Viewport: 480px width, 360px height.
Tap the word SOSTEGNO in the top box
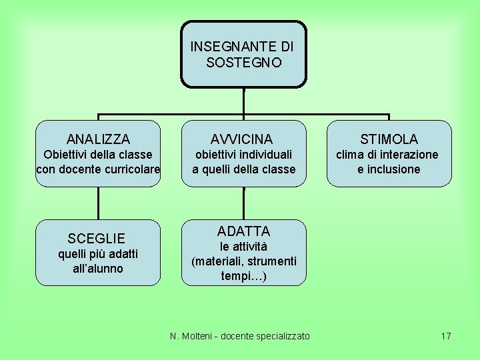(x=244, y=63)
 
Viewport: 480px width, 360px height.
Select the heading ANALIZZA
(x=98, y=139)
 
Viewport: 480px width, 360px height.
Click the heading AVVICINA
(x=241, y=139)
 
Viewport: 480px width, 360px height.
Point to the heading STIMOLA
(x=389, y=139)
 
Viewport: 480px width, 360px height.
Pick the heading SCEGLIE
(x=97, y=239)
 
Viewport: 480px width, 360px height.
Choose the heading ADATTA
(x=243, y=231)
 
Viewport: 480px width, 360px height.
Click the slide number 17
(x=446, y=336)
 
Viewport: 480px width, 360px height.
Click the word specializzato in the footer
(x=281, y=336)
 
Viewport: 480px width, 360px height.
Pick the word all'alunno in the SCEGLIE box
(x=98, y=268)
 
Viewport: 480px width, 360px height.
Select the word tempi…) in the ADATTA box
(x=244, y=275)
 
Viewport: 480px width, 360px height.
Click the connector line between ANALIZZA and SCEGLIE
(x=98, y=203)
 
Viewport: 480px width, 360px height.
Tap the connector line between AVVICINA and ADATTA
(x=244, y=203)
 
